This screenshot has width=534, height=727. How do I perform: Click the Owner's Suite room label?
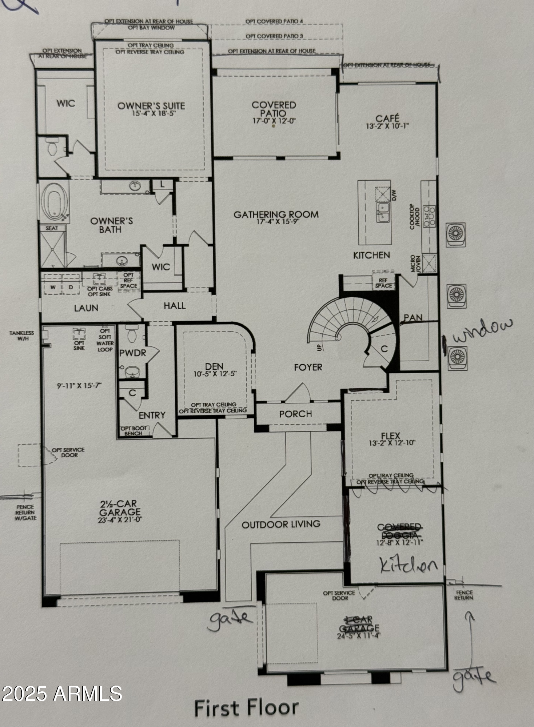pyautogui.click(x=151, y=106)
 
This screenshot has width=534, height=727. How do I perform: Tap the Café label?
pyautogui.click(x=387, y=118)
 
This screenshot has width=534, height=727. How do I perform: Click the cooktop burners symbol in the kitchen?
pyautogui.click(x=429, y=216)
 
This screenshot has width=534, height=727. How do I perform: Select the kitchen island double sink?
pyautogui.click(x=383, y=213)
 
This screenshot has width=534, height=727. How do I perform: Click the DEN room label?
pyautogui.click(x=214, y=366)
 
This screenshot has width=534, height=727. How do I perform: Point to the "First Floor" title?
pyautogui.click(x=246, y=708)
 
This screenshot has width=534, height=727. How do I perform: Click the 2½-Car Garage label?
pyautogui.click(x=119, y=508)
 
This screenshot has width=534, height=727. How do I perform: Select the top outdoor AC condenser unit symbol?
pyautogui.click(x=455, y=234)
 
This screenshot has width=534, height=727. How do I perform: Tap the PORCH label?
pyautogui.click(x=295, y=414)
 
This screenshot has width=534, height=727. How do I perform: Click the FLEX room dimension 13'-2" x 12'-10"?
pyautogui.click(x=391, y=443)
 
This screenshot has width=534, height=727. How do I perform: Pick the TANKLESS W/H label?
pyautogui.click(x=22, y=336)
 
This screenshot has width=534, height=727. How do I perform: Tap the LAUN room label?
pyautogui.click(x=86, y=308)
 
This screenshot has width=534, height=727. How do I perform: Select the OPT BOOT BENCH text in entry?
pyautogui.click(x=133, y=431)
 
